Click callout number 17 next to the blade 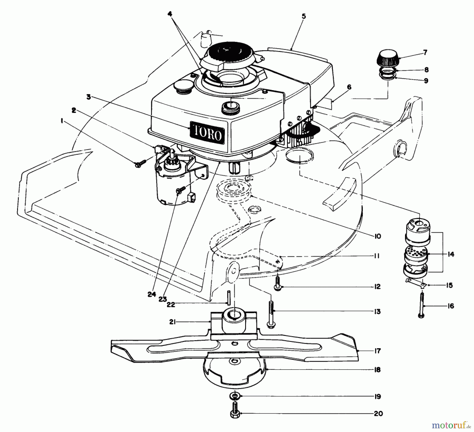coord(377,351)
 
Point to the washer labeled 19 coord(234,396)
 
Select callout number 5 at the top coord(304,16)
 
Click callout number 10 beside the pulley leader coord(377,236)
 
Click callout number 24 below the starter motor coord(152,294)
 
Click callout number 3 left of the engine coord(89,97)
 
